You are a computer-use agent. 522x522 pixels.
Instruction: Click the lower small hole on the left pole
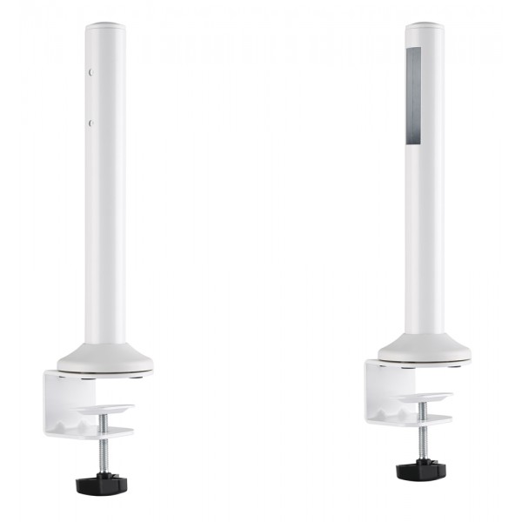(x=91, y=124)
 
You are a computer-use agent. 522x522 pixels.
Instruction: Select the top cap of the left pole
(x=104, y=26)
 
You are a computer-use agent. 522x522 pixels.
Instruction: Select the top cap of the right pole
(x=425, y=26)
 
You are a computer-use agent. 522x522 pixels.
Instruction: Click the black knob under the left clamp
(x=104, y=482)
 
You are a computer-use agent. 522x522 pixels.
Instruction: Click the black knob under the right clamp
(x=421, y=470)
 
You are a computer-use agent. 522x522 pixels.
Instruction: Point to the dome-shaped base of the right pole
(x=425, y=347)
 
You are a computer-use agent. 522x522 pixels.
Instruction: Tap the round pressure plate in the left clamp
(x=104, y=409)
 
